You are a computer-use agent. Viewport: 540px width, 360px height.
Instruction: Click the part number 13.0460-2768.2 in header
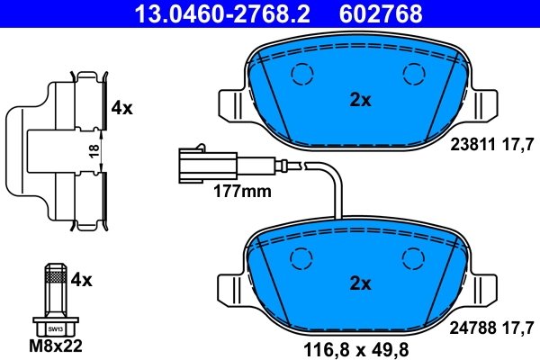tap(209, 13)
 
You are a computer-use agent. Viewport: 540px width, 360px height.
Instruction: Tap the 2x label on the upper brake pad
tap(360, 101)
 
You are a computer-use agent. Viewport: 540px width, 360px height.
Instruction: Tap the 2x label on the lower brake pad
tap(360, 283)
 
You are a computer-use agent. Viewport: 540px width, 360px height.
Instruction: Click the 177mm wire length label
tap(241, 191)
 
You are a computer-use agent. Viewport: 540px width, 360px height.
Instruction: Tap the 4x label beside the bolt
tap(82, 280)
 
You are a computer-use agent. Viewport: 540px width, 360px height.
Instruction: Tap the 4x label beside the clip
tap(121, 108)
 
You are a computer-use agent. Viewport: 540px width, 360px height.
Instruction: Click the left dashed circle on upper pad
tap(301, 75)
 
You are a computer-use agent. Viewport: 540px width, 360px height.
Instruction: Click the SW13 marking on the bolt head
tap(56, 329)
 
